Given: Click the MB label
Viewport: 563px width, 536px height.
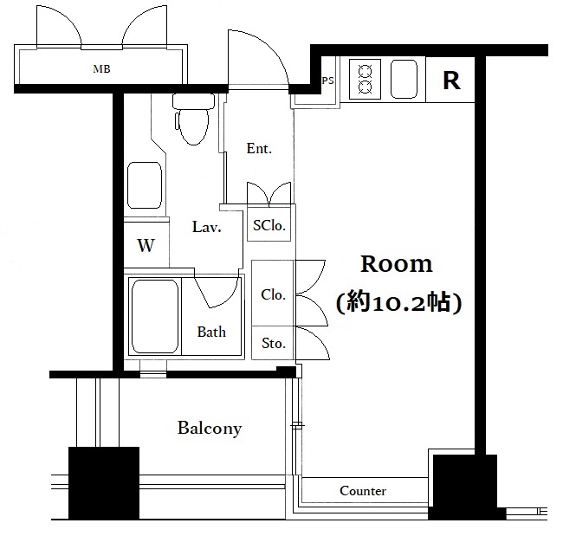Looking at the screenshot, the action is click(x=101, y=68).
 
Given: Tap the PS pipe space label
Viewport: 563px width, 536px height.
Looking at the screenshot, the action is click(x=327, y=81).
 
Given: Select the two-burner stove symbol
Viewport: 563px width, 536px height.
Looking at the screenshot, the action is click(x=365, y=79).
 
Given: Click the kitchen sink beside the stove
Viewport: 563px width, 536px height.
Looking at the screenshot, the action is click(x=404, y=79).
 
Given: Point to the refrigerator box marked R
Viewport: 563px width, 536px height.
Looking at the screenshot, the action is click(x=450, y=80).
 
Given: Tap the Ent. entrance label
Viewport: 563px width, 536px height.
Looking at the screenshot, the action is click(x=259, y=148).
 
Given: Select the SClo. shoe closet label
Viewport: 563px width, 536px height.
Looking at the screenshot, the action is click(x=269, y=225).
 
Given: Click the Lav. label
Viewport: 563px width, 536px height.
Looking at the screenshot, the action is click(x=206, y=227).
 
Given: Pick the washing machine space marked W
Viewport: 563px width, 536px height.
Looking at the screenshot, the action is click(x=146, y=245).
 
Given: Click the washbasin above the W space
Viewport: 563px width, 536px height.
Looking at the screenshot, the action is click(x=145, y=185).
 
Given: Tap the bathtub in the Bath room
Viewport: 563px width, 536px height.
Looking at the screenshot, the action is click(x=155, y=316).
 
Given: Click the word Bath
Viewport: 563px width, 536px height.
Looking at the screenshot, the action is click(x=211, y=332).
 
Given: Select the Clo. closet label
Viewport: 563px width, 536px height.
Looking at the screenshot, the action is click(x=273, y=294).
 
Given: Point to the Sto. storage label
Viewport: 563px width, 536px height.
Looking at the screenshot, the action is click(x=274, y=343).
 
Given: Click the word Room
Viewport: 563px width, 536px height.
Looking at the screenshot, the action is click(x=397, y=264).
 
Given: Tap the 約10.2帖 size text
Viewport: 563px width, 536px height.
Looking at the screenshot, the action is click(x=398, y=303).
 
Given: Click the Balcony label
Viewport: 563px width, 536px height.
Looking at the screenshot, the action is click(x=210, y=428).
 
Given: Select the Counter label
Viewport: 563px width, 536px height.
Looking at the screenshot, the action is click(x=363, y=491).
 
